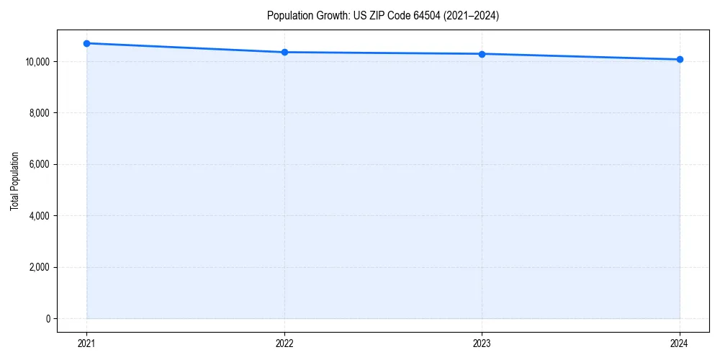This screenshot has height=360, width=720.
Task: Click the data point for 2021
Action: (x=87, y=43)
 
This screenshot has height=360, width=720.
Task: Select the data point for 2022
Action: (x=284, y=52)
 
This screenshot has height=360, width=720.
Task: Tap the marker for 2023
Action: (x=482, y=54)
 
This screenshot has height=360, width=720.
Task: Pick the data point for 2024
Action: (x=680, y=59)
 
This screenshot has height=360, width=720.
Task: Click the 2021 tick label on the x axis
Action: (x=87, y=343)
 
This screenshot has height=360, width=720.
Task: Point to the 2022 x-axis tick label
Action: (x=284, y=343)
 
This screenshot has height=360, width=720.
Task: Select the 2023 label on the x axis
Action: (x=482, y=343)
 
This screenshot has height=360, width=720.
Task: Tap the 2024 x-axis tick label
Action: (x=680, y=343)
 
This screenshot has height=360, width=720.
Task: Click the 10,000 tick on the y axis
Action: (x=37, y=62)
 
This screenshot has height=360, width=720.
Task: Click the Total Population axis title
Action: (x=14, y=181)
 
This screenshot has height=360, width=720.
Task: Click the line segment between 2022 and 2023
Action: (x=383, y=53)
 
